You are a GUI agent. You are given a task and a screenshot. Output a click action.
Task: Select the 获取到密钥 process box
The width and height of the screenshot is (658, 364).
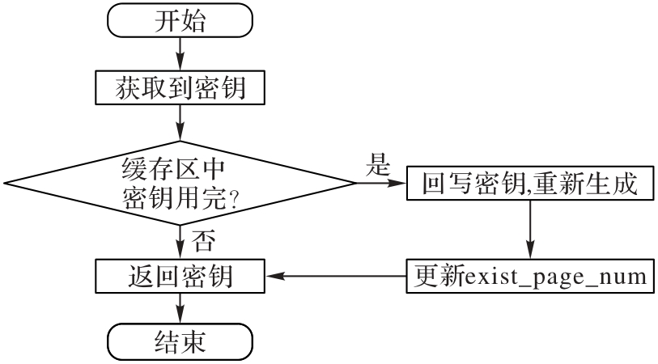coord(180,89)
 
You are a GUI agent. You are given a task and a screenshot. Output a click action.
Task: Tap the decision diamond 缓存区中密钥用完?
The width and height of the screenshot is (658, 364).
coord(180,183)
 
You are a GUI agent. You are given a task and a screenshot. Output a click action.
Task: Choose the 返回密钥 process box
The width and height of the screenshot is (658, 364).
coord(180,277)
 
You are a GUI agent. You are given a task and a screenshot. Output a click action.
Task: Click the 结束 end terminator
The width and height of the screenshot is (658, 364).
coord(180,341)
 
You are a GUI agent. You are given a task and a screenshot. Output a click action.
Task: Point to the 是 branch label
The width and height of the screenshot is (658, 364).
coord(378,167)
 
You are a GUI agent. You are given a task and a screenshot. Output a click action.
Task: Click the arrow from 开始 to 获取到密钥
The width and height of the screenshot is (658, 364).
coord(180,54)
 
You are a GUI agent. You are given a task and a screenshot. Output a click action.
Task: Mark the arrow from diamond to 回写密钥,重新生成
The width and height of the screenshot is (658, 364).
coord(380,184)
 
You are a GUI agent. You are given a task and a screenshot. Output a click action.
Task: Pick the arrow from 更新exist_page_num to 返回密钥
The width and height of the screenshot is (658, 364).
coord(335,277)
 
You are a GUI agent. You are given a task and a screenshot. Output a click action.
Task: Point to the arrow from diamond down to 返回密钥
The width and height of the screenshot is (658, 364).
coord(180,241)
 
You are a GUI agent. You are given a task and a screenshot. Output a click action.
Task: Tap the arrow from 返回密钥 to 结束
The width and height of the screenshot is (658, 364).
coord(180,310)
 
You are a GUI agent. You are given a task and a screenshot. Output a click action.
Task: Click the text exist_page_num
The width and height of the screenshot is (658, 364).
coord(554,277)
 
